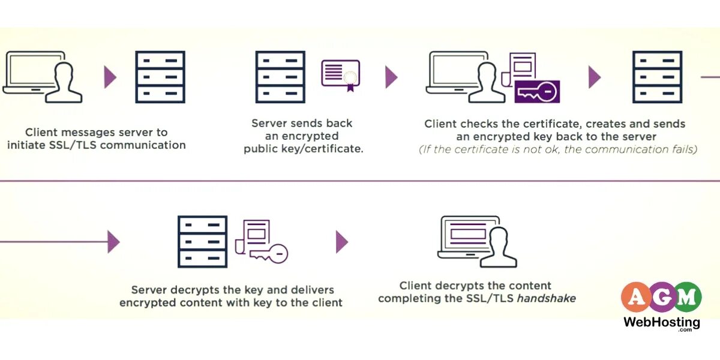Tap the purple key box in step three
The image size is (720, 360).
537,92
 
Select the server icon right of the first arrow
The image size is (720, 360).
160,77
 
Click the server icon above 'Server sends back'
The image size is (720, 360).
280,77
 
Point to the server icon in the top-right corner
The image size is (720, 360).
657,77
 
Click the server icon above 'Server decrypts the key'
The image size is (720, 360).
202,241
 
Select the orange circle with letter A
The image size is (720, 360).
637,297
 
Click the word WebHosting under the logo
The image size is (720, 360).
661,322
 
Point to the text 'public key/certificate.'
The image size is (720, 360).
303,149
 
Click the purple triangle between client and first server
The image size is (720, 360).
110,77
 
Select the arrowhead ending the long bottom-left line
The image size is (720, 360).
113,242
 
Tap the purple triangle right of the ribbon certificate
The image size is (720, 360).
391,77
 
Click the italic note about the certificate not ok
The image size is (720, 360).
557,150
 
